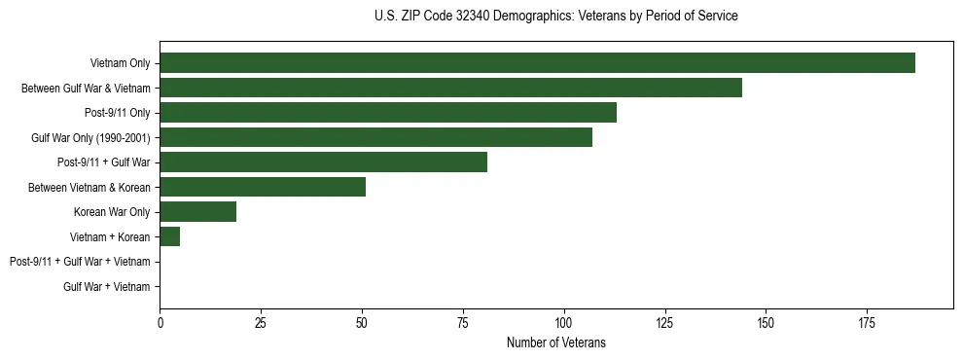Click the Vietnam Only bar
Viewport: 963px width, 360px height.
click(537, 63)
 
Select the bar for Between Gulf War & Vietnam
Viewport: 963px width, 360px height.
click(450, 88)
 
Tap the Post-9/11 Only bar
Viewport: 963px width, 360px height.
click(388, 113)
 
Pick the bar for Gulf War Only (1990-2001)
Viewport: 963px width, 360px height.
click(375, 137)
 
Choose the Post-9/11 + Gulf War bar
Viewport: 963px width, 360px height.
click(323, 162)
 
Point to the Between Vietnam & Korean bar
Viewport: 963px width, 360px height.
click(263, 187)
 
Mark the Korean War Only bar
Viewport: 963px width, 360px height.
click(197, 212)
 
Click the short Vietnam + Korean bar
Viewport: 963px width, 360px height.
click(170, 236)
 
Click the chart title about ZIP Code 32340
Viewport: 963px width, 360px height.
click(555, 16)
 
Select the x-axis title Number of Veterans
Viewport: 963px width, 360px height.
click(555, 342)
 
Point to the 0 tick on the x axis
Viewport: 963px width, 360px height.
click(160, 322)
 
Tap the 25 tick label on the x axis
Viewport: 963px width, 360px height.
click(261, 322)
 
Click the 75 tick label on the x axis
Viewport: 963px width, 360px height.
click(462, 322)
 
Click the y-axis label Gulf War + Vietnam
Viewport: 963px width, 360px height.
click(107, 286)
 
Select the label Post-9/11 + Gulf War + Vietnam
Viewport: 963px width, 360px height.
click(80, 262)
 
